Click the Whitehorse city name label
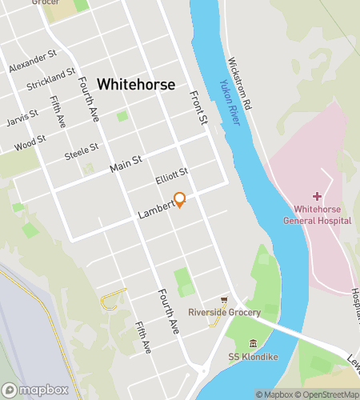pyautogui.click(x=136, y=84)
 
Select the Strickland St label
pyautogui.click(x=50, y=82)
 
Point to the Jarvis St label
pyautogui.click(x=22, y=118)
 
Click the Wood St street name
pyautogui.click(x=30, y=143)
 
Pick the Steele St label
pyautogui.click(x=82, y=148)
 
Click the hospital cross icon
pyautogui.click(x=317, y=196)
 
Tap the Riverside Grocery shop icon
pyautogui.click(x=225, y=299)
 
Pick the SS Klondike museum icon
pyautogui.click(x=253, y=343)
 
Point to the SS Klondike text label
pyautogui.click(x=253, y=356)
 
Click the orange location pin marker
pyautogui.click(x=180, y=199)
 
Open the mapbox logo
pyautogui.click(x=35, y=390)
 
